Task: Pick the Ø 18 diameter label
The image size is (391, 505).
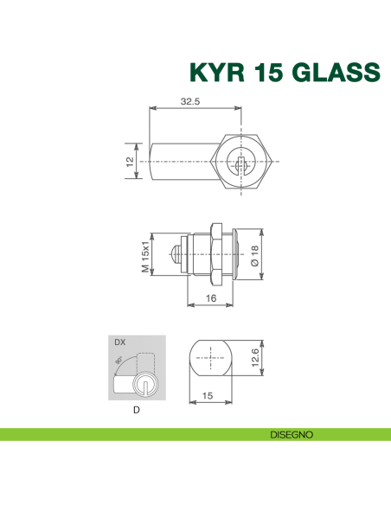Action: click(x=253, y=255)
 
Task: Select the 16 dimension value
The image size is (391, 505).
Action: click(x=211, y=297)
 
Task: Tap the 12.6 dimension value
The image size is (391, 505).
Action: click(x=253, y=357)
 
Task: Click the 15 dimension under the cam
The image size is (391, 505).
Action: click(x=208, y=394)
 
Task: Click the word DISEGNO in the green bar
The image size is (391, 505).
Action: click(x=290, y=433)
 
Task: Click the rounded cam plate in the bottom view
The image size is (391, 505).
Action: click(x=208, y=357)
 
